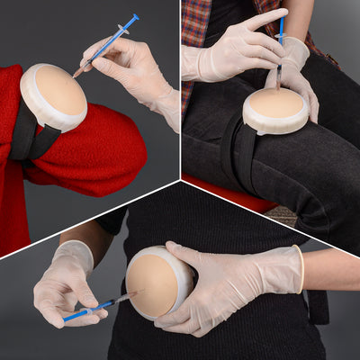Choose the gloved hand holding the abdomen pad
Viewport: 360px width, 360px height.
tap(225, 283)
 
